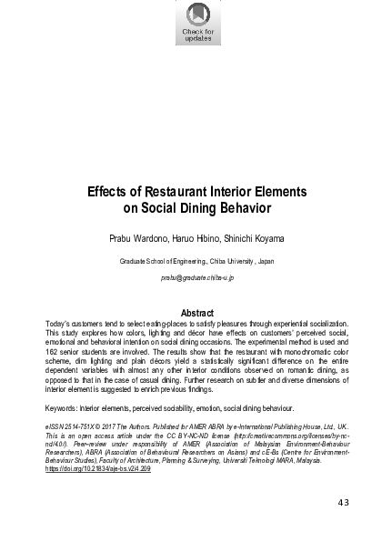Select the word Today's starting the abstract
pos(57,325)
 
